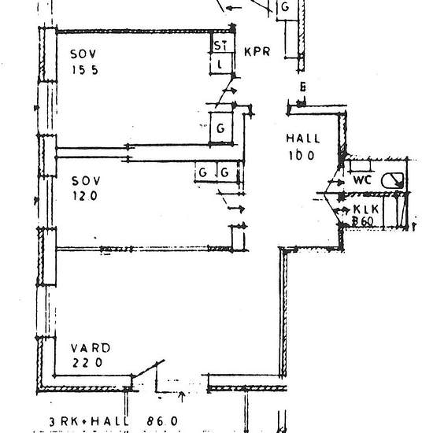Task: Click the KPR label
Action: click(x=257, y=53)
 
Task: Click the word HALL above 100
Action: click(x=300, y=139)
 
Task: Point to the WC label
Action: click(x=362, y=180)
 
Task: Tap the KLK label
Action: click(x=366, y=209)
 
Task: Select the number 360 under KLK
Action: click(x=363, y=222)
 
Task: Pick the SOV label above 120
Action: click(x=84, y=180)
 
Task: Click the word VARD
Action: click(x=90, y=347)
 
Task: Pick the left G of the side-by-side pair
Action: click(x=203, y=172)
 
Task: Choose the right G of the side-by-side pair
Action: click(x=225, y=172)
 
